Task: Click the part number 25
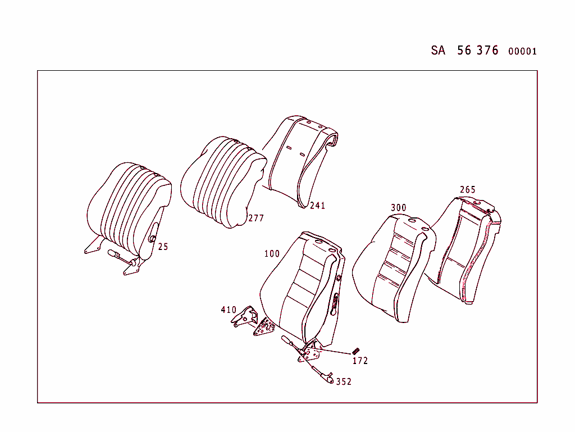pos(163,247)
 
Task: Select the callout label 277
pos(256,219)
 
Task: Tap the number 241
pos(317,206)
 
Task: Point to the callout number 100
pos(272,254)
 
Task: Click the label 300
pos(398,208)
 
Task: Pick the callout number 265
pos(467,190)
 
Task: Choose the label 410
pos(229,310)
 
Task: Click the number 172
pos(360,361)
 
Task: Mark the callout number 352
pos(344,382)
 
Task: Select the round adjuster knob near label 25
pos(151,239)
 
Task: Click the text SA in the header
pos(438,51)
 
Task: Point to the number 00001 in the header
pos(522,52)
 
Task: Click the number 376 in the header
pos(487,51)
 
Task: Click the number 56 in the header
pos(464,51)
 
